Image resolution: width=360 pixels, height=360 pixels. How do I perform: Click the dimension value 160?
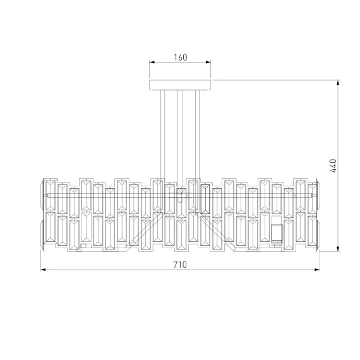(181, 57)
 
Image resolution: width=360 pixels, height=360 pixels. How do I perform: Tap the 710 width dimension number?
(180, 265)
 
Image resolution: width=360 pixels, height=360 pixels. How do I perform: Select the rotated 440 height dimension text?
(333, 165)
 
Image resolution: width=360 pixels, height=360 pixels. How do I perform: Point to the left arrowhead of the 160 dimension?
(152, 62)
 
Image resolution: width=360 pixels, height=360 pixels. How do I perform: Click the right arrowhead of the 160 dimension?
(208, 62)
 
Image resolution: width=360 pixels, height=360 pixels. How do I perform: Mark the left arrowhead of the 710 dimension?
(44, 270)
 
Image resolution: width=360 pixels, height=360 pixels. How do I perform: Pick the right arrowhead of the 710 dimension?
(317, 270)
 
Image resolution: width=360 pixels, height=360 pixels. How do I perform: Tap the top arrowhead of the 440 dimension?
(338, 83)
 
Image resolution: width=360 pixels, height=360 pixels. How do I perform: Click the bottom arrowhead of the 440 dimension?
(338, 249)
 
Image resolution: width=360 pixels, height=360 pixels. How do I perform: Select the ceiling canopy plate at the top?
(180, 85)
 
